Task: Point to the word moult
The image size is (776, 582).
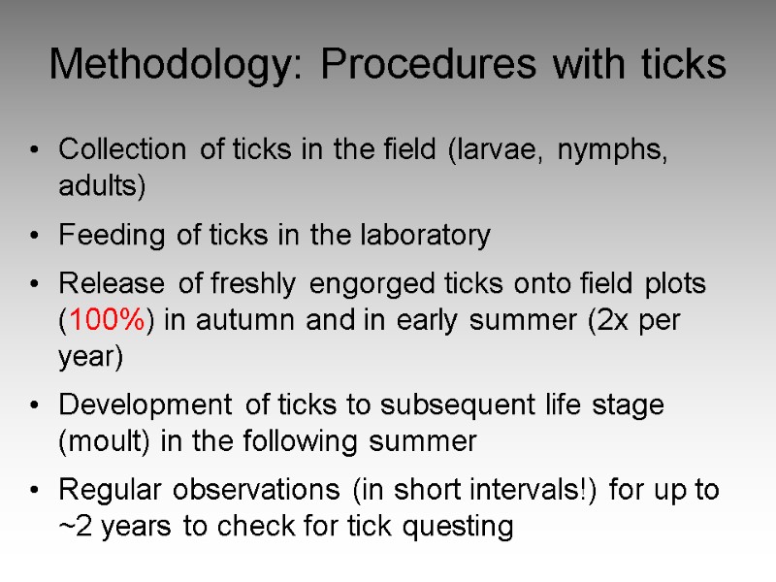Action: tap(102, 442)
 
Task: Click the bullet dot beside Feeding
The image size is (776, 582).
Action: tap(35, 236)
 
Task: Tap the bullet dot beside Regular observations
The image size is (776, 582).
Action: tap(35, 491)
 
